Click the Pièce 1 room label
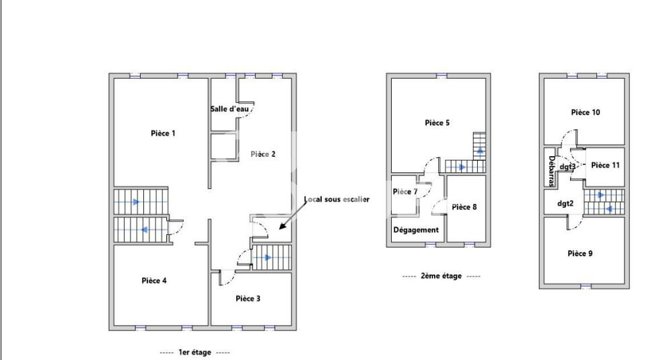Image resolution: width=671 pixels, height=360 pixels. tap(163, 133)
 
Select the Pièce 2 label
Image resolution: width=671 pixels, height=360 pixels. tap(263, 154)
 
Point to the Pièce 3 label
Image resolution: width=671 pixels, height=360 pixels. tap(248, 298)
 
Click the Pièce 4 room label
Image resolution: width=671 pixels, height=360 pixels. tap(154, 281)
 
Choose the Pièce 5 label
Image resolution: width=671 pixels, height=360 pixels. tap(437, 122)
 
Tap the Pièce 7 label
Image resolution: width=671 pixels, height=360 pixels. tap(405, 192)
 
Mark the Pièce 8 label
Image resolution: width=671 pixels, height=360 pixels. tap(464, 207)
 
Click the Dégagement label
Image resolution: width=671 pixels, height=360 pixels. tap(416, 230)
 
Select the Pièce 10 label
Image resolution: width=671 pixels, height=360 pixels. tap(586, 112)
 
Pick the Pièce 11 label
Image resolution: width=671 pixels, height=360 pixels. tap(606, 165)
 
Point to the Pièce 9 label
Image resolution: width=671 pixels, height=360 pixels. tap(580, 254)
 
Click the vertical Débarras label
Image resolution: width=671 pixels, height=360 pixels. tap(551, 172)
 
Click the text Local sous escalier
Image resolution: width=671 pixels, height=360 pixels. tap(337, 199)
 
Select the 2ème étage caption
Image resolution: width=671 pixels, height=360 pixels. tap(441, 276)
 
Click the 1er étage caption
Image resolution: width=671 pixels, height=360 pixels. tap(195, 352)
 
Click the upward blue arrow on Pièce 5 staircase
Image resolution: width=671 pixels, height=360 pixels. tap(479, 151)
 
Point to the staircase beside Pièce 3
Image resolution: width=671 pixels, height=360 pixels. tap(271, 257)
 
